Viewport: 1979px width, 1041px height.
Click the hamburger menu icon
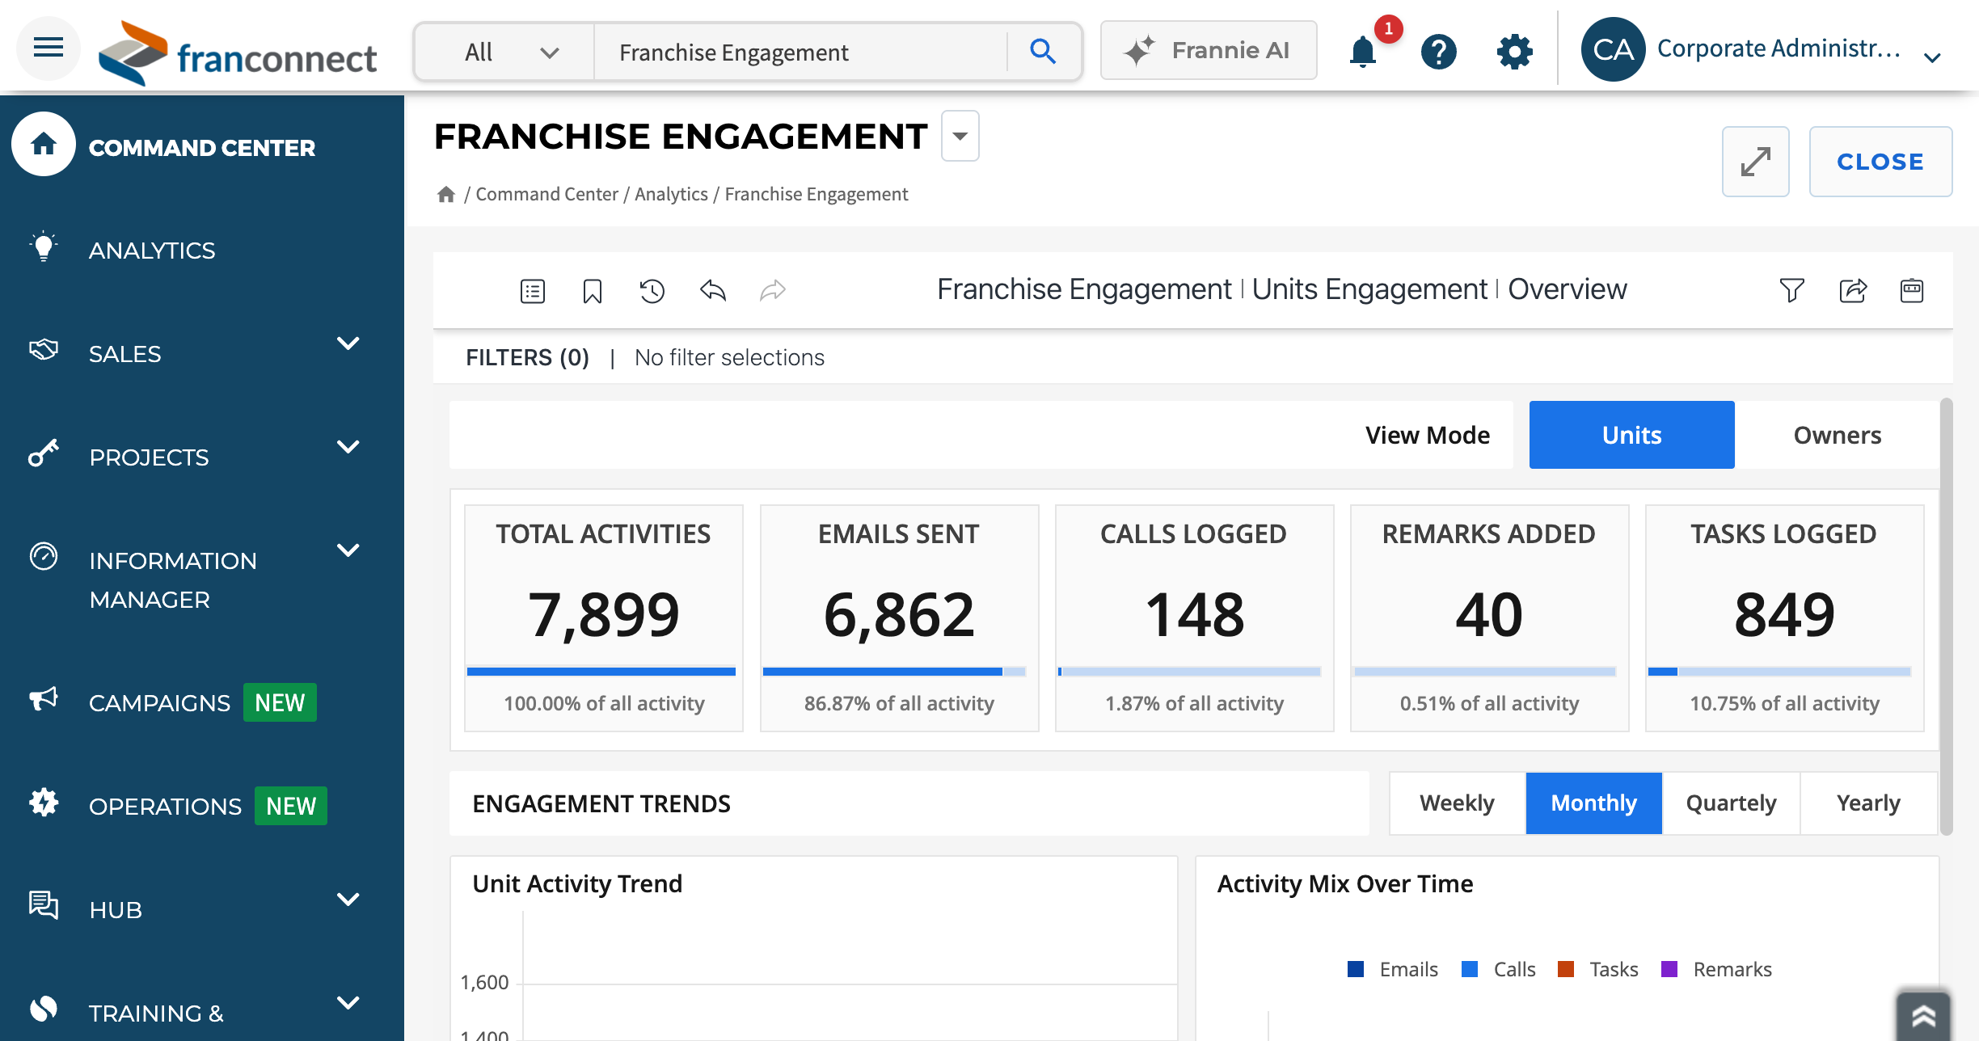pyautogui.click(x=49, y=48)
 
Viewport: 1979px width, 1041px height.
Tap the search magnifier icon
pyautogui.click(x=1043, y=52)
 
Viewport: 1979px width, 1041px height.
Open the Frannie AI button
pyautogui.click(x=1209, y=50)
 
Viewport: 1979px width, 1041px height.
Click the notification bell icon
pyautogui.click(x=1363, y=52)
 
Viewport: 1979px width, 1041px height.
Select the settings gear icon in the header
pyautogui.click(x=1514, y=52)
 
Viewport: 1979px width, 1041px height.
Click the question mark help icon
pyautogui.click(x=1439, y=52)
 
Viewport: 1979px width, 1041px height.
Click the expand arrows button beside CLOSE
pyautogui.click(x=1755, y=162)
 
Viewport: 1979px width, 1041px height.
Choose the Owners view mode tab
pyautogui.click(x=1837, y=435)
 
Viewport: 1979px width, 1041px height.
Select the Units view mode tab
pyautogui.click(x=1631, y=435)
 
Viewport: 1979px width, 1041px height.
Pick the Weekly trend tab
pyautogui.click(x=1457, y=803)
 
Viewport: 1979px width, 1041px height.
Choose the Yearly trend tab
pyautogui.click(x=1868, y=803)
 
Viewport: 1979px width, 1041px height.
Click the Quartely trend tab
pyautogui.click(x=1731, y=803)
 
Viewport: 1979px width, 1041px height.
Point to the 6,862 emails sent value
pyautogui.click(x=899, y=614)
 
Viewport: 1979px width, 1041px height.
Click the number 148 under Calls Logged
pyautogui.click(x=1194, y=614)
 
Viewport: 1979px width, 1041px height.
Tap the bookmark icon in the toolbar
pyautogui.click(x=593, y=291)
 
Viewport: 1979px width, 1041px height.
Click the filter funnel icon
pyautogui.click(x=1791, y=290)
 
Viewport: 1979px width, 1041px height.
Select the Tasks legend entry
pyautogui.click(x=1598, y=969)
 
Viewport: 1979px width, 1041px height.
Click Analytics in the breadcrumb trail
pyautogui.click(x=671, y=194)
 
